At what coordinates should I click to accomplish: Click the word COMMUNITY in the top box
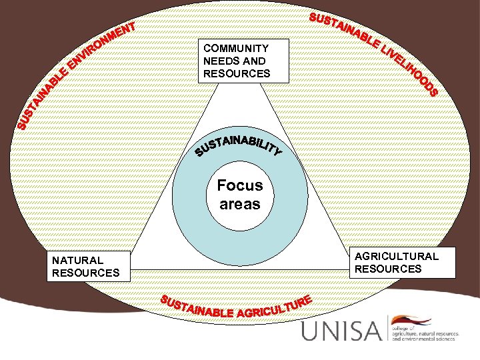tap(236, 49)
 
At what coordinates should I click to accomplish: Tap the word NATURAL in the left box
tap(77, 261)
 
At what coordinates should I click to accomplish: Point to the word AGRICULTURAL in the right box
tap(397, 257)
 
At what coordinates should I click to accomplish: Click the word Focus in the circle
tap(240, 185)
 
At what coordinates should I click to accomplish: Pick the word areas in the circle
tap(240, 204)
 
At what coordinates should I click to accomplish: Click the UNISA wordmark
tap(343, 331)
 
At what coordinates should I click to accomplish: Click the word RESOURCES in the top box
tap(237, 73)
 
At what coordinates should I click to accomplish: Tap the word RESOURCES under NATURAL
tap(85, 273)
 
